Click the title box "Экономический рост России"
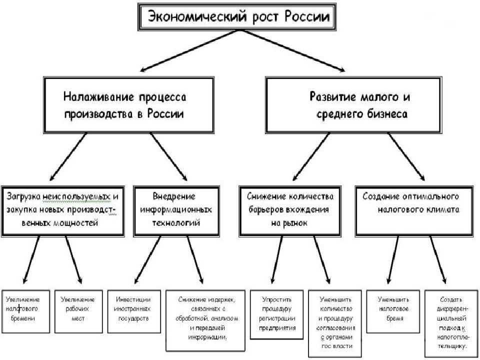pos(237,17)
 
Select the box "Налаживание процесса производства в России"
pos(128,105)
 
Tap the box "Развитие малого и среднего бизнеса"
pos(353,105)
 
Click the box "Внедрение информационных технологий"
pos(176,211)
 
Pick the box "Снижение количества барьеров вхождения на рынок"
pos(290,211)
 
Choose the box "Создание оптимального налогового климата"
pos(414,211)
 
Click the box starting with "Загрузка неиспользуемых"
pos(63,211)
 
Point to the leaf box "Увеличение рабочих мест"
pos(78,311)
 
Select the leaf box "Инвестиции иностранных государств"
pos(134,311)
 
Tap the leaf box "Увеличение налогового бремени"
pos(25,311)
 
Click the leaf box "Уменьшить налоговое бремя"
pos(393,311)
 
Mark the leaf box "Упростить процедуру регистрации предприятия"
pos(276,314)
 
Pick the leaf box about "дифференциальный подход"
pos(451,323)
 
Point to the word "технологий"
pos(176,222)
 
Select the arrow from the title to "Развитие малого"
pos(292,51)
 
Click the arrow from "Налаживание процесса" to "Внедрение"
pos(168,156)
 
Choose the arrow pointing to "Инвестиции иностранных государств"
pos(147,260)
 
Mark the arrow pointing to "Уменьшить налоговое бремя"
pos(393,260)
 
